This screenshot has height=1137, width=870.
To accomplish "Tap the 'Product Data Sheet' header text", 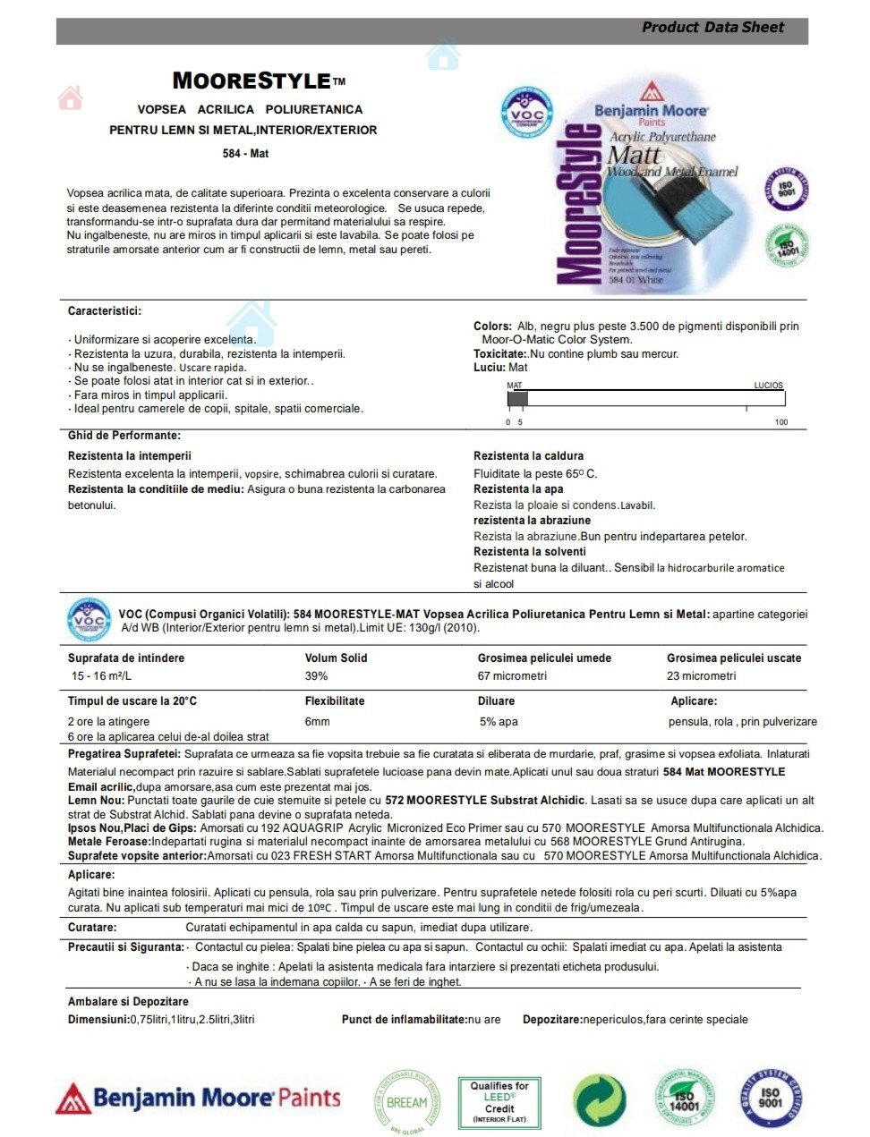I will coord(712,28).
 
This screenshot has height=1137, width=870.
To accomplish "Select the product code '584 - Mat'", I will coord(245,154).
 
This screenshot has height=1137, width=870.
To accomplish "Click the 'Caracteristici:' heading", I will coord(105,311).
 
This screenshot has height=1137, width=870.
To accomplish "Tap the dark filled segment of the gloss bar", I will coord(517,399).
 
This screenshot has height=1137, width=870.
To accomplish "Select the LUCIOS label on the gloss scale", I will coord(768,386).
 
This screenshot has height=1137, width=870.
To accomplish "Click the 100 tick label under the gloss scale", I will coord(781,422).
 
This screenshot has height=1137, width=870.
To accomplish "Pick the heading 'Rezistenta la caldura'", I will coord(528,456).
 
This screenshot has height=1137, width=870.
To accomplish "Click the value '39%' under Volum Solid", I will coord(317,676).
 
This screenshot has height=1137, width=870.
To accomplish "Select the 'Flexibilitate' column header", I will coord(335,701).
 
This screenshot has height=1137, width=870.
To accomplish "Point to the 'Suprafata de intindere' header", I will coord(126,658).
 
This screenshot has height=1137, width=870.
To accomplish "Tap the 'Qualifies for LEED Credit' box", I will coord(499,1101).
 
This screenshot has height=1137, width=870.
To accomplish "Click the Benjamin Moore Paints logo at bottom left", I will coord(199,1099).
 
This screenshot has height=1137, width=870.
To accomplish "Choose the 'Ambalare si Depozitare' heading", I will coord(128,1002).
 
